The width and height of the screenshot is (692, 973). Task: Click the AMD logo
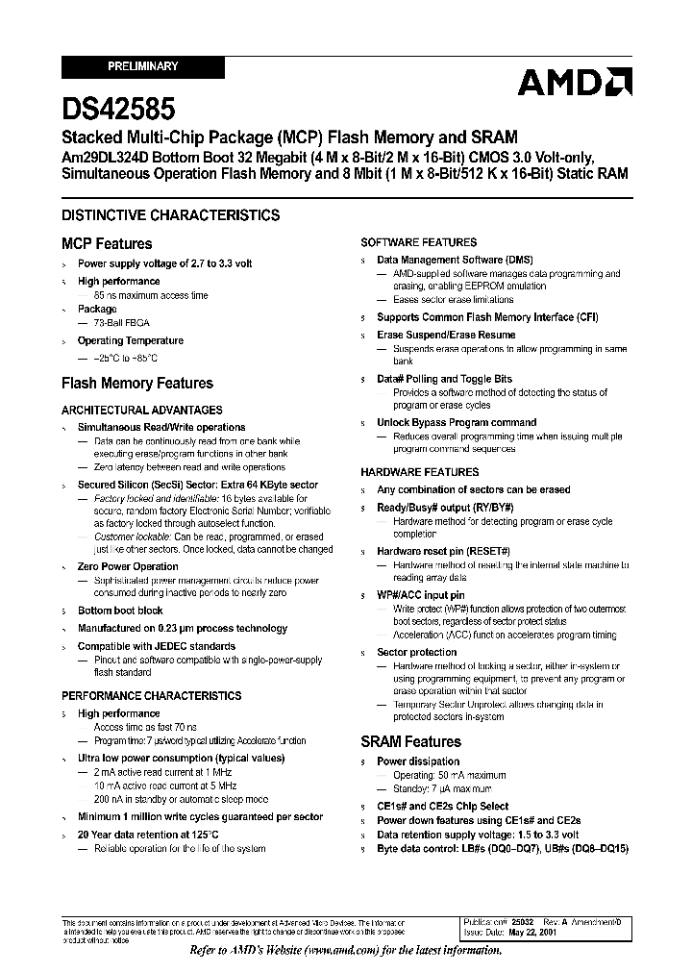click(575, 84)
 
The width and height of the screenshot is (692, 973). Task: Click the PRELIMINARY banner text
click(142, 67)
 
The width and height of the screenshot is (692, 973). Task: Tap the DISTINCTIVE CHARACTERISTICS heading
click(171, 215)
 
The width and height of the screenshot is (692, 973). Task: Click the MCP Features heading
click(107, 244)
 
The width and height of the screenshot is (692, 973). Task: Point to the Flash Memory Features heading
click(137, 384)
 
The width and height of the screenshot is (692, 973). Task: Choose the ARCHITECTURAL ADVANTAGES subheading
click(142, 411)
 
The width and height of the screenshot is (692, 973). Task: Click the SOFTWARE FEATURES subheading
click(418, 242)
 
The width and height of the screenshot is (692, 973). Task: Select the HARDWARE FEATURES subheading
click(419, 472)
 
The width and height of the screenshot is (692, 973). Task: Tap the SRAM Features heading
click(410, 742)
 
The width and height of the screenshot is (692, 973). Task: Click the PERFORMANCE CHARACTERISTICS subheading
click(152, 696)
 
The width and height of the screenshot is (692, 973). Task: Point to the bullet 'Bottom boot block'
click(120, 611)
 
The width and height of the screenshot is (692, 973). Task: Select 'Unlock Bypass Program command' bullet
click(457, 422)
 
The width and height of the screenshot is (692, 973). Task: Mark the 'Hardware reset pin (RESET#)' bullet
click(443, 552)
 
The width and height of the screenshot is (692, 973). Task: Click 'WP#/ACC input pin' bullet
click(421, 595)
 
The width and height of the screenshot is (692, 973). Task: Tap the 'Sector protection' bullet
click(417, 652)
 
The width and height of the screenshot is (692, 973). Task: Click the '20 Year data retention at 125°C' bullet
click(149, 835)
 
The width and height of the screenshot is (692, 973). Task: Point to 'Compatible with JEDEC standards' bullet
click(157, 646)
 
